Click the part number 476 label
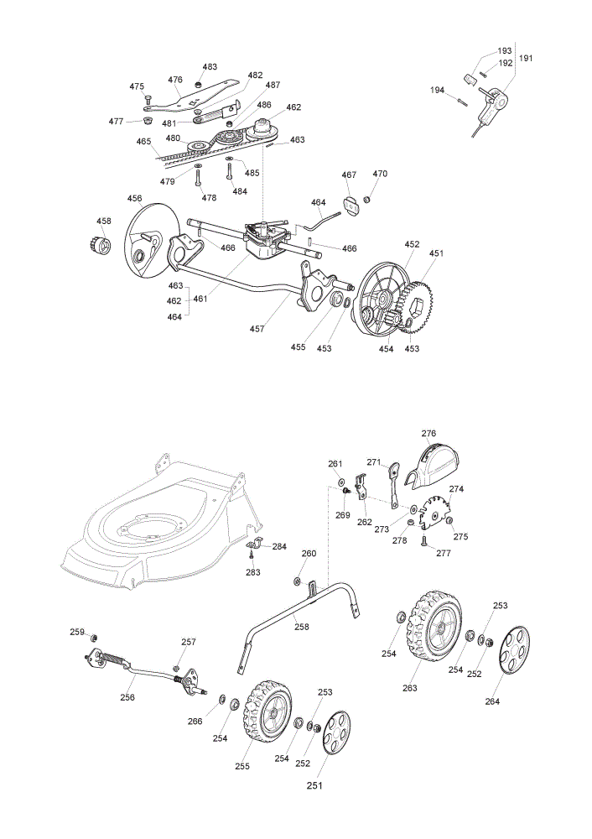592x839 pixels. (175, 80)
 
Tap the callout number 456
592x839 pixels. (135, 199)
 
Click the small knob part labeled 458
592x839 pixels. (101, 244)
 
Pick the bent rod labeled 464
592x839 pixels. (319, 221)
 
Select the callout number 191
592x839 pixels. (526, 58)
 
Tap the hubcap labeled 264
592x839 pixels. (513, 649)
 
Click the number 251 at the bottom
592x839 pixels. (314, 785)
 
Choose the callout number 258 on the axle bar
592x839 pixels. (302, 627)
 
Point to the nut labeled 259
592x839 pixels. (94, 638)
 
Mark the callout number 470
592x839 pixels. (380, 174)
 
